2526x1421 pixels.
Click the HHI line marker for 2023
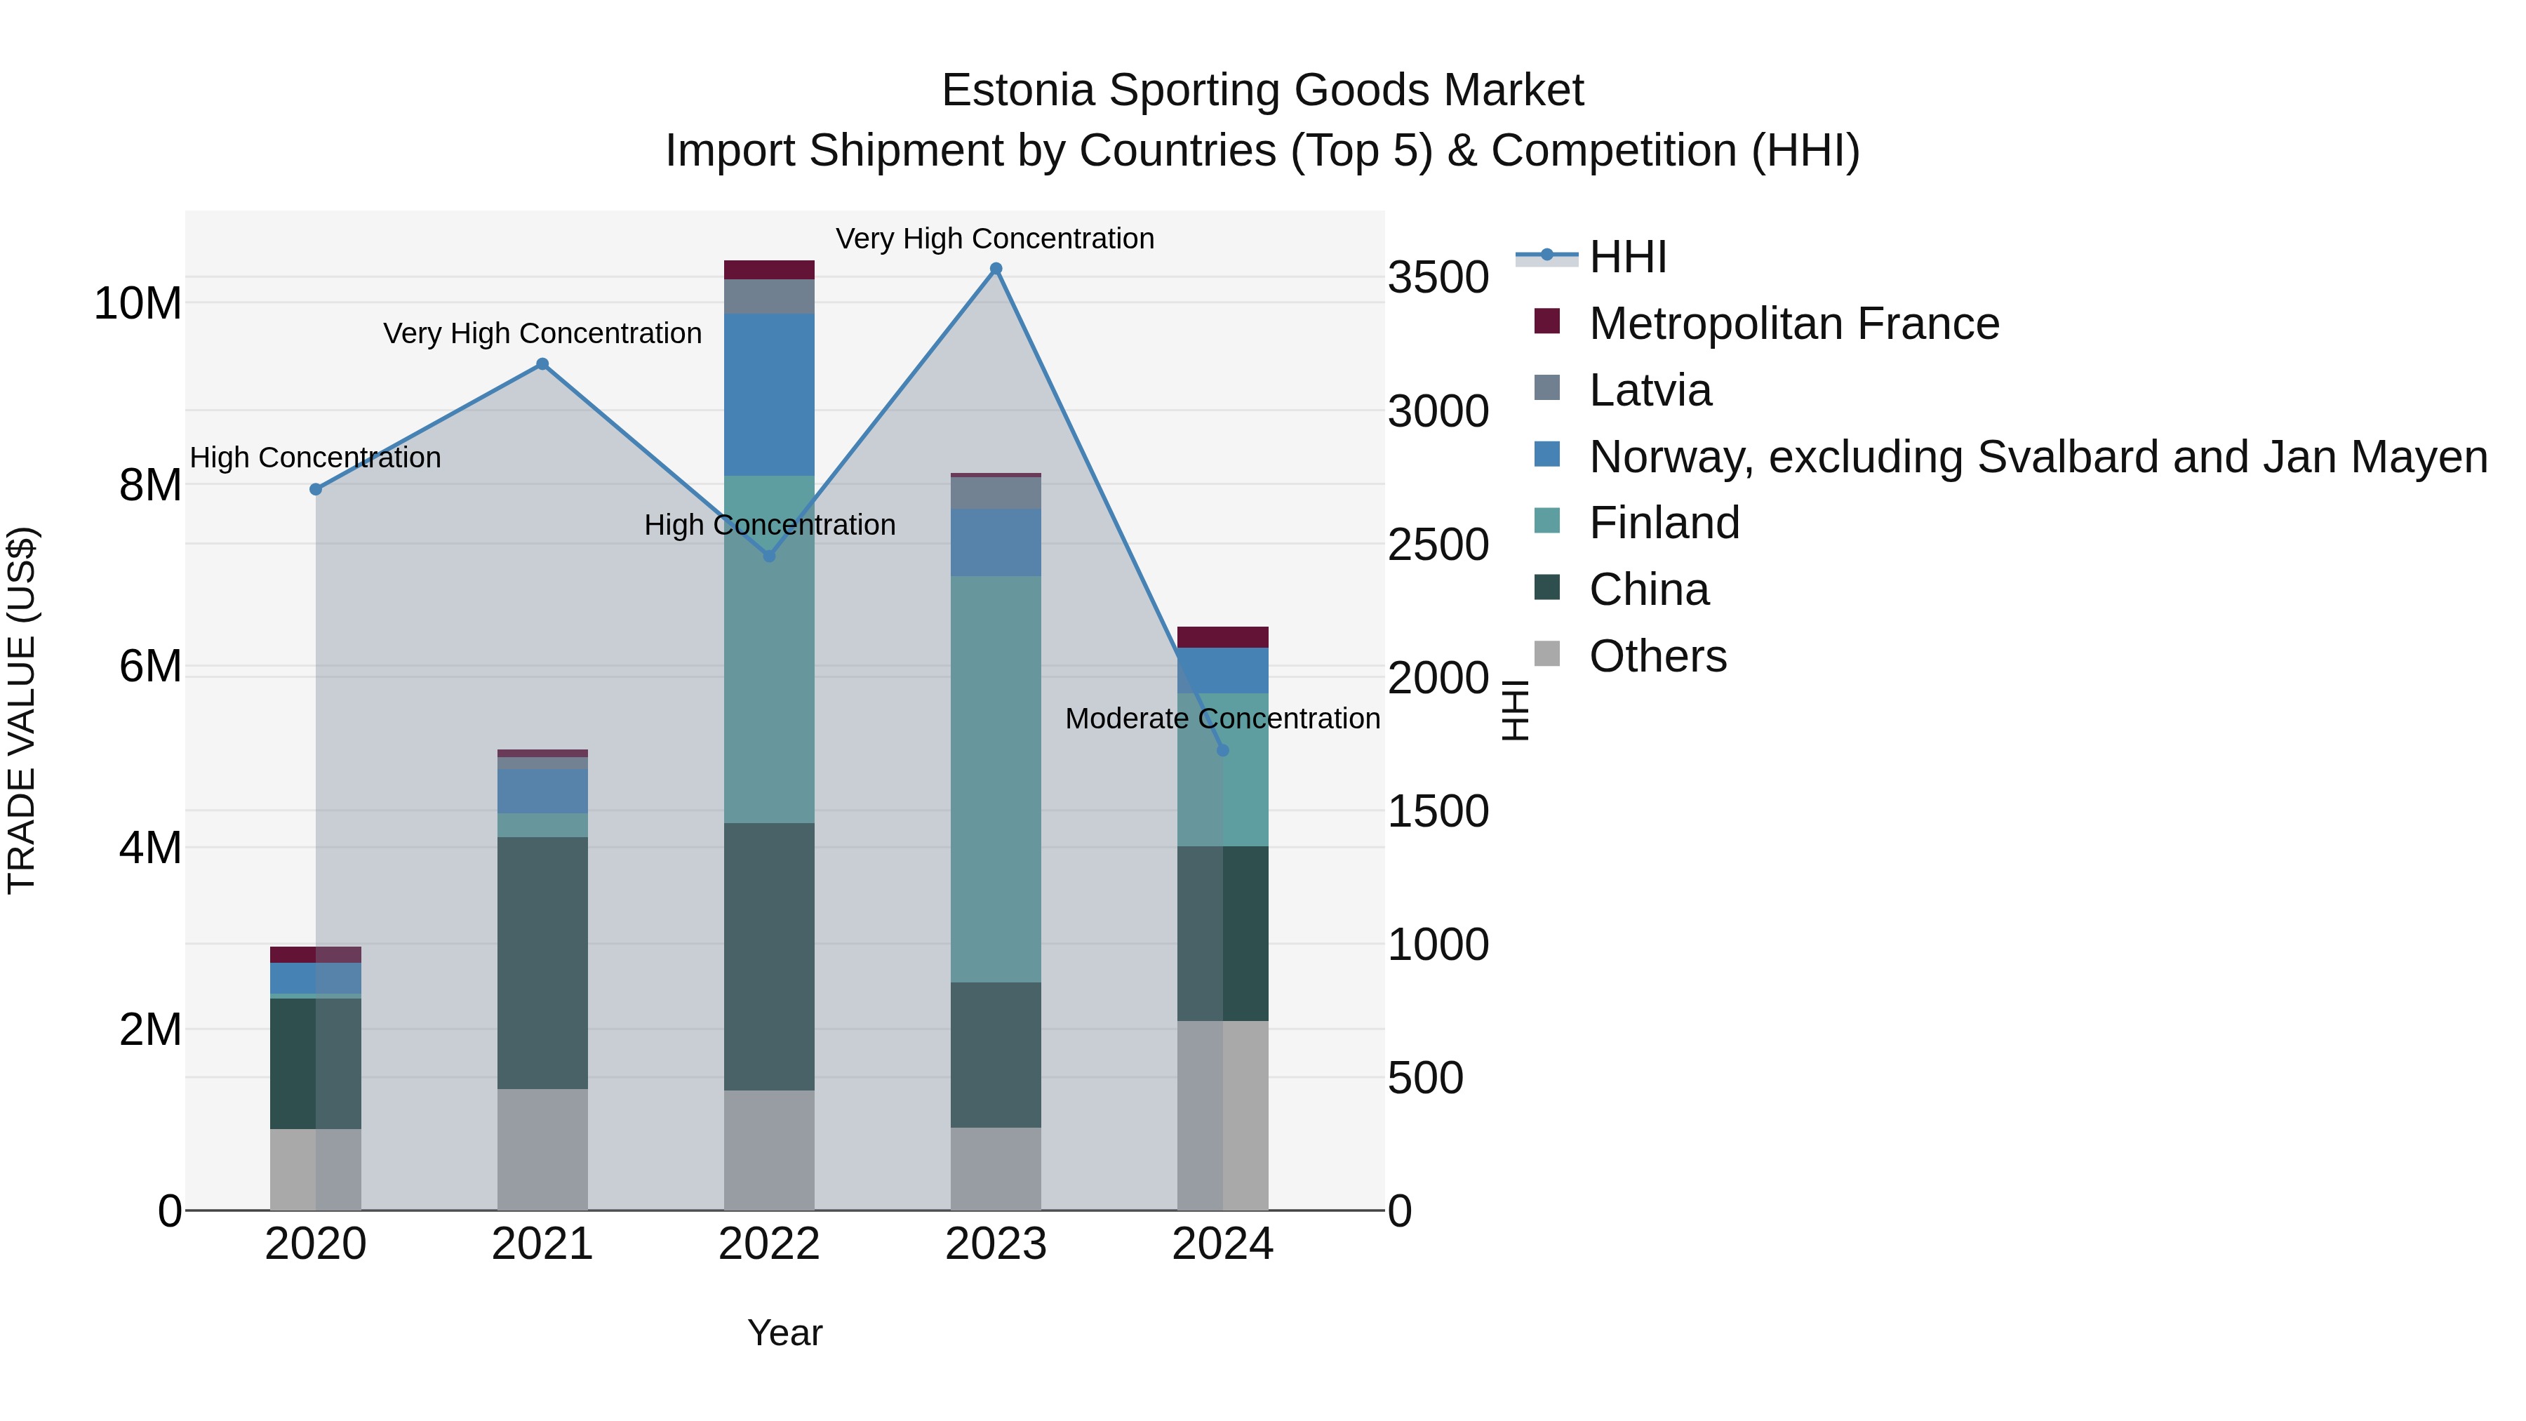click(x=995, y=269)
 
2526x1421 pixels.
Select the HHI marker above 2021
click(x=542, y=363)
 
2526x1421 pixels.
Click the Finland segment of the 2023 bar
click(x=995, y=779)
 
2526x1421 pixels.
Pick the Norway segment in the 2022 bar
click(x=769, y=394)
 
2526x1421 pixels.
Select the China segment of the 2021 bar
click(x=542, y=962)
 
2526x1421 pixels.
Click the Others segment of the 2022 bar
click(x=769, y=1149)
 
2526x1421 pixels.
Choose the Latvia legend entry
click(x=1650, y=390)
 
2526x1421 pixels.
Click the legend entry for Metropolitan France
click(x=1793, y=323)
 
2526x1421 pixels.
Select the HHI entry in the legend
click(x=1628, y=257)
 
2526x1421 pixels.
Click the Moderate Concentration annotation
click(x=1222, y=719)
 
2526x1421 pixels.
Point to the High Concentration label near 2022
click(x=770, y=526)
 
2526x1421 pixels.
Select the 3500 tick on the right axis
click(x=1438, y=277)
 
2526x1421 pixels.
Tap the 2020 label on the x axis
click(x=316, y=1244)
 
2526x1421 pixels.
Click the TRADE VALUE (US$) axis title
click(x=22, y=710)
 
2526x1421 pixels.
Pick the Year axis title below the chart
click(x=784, y=1333)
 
